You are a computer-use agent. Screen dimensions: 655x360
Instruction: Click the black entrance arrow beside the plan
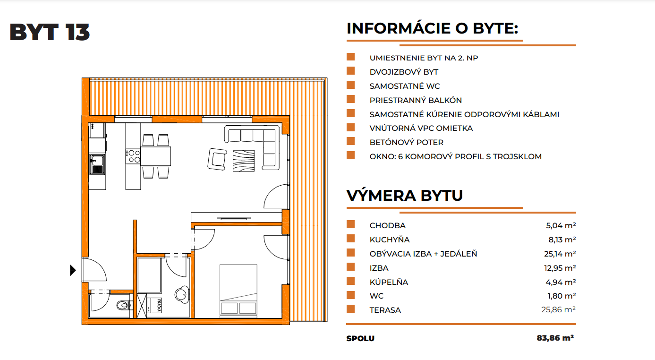tap(73, 270)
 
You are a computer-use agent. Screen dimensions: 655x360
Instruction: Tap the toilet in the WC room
tap(125, 305)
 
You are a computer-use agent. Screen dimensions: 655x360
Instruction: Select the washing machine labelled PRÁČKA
tap(154, 305)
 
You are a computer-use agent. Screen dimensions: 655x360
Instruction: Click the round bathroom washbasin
tap(182, 294)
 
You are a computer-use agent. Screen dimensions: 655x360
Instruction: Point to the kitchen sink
tap(97, 164)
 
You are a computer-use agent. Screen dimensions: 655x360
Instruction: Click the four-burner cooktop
tap(133, 156)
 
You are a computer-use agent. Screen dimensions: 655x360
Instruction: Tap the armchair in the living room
tap(217, 159)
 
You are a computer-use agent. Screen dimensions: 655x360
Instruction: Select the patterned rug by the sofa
tap(244, 161)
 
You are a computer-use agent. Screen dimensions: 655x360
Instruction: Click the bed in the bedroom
tap(238, 291)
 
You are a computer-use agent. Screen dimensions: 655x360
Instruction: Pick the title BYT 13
tap(50, 32)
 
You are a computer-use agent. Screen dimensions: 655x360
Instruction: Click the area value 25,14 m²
tap(560, 254)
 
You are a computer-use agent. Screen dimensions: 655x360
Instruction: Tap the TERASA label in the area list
tap(385, 310)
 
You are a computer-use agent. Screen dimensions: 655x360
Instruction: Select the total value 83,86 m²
tap(555, 338)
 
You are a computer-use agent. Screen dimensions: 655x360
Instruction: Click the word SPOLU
tap(360, 338)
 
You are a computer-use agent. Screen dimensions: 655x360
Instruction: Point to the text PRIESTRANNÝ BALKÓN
tap(416, 100)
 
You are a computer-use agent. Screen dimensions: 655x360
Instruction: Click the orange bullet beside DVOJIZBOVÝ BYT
tap(350, 71)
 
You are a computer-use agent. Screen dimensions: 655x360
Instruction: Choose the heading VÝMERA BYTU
tap(405, 195)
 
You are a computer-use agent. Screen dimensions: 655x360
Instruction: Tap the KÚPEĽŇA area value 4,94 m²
tap(561, 282)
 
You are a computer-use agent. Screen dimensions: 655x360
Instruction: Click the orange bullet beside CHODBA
tap(350, 224)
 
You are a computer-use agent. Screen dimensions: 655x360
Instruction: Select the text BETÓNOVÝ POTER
tap(407, 142)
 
